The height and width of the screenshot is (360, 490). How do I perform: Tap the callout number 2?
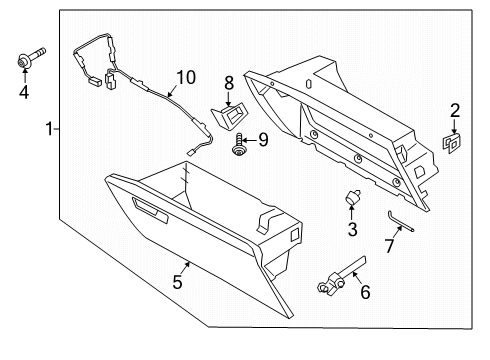point(454,110)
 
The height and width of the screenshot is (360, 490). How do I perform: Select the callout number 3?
point(353,229)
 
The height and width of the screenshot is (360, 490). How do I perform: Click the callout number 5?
point(178,283)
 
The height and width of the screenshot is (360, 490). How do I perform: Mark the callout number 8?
point(228,81)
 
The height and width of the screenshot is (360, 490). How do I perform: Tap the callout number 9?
point(264,140)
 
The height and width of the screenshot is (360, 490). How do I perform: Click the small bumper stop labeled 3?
point(353,199)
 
